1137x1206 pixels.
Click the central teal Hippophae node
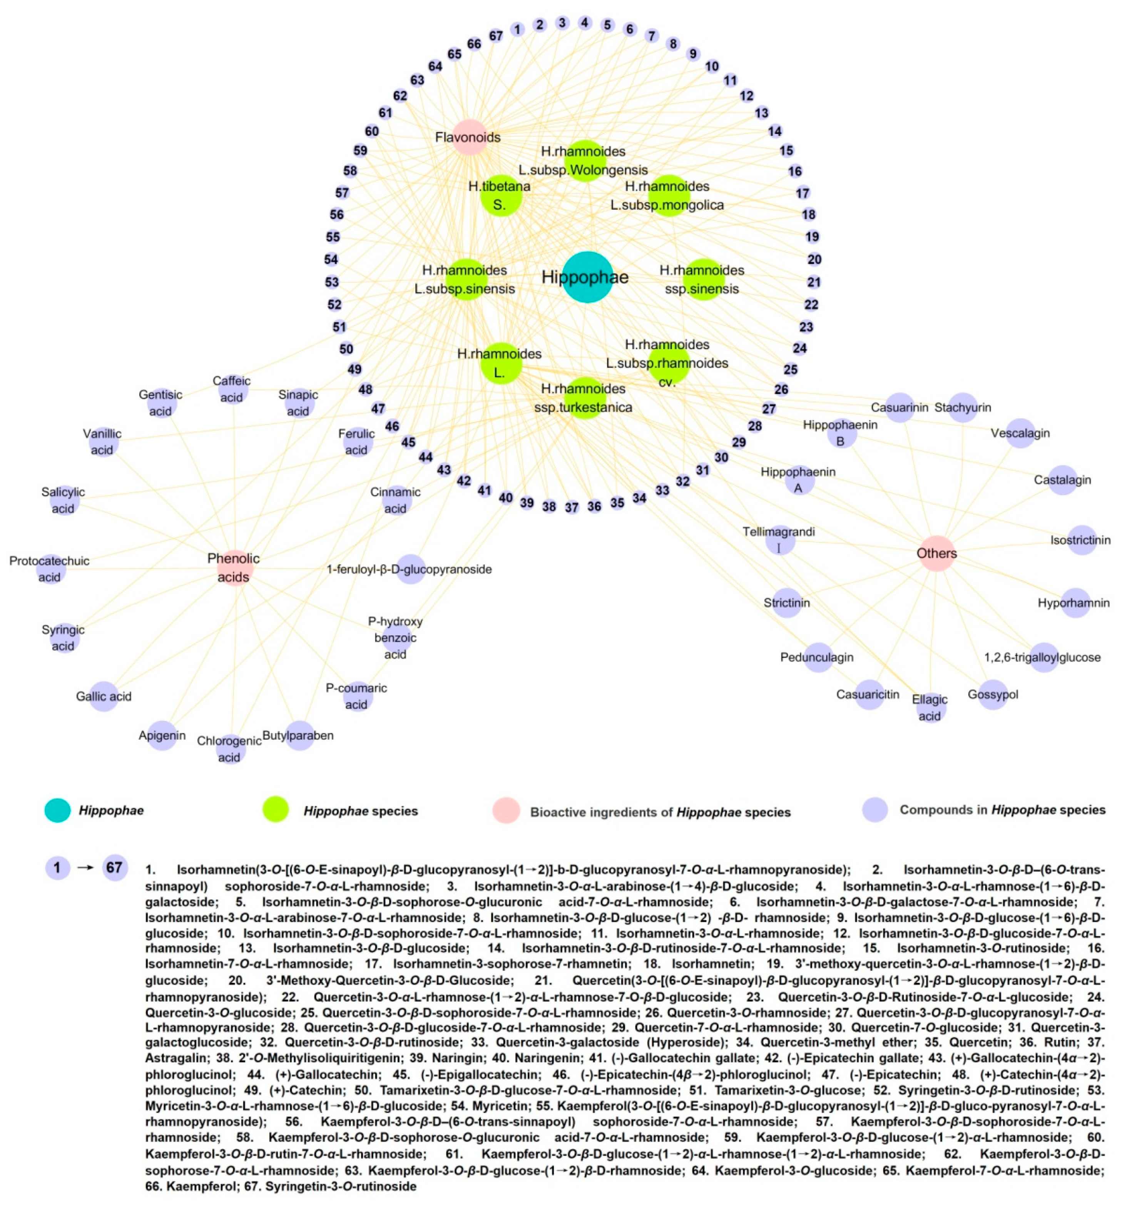click(x=587, y=277)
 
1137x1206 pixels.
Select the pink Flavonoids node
click(x=469, y=137)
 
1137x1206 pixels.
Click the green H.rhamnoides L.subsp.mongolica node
click(x=669, y=196)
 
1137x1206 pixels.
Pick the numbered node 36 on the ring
click(x=594, y=506)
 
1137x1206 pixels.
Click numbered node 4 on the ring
click(x=584, y=23)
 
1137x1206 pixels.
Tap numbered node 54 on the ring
click(x=331, y=260)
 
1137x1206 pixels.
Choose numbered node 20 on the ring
click(x=814, y=260)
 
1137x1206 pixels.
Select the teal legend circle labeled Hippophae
click(x=58, y=810)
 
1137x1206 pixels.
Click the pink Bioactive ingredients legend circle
click(x=506, y=811)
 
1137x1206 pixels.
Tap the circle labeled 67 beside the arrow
click(x=115, y=867)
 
